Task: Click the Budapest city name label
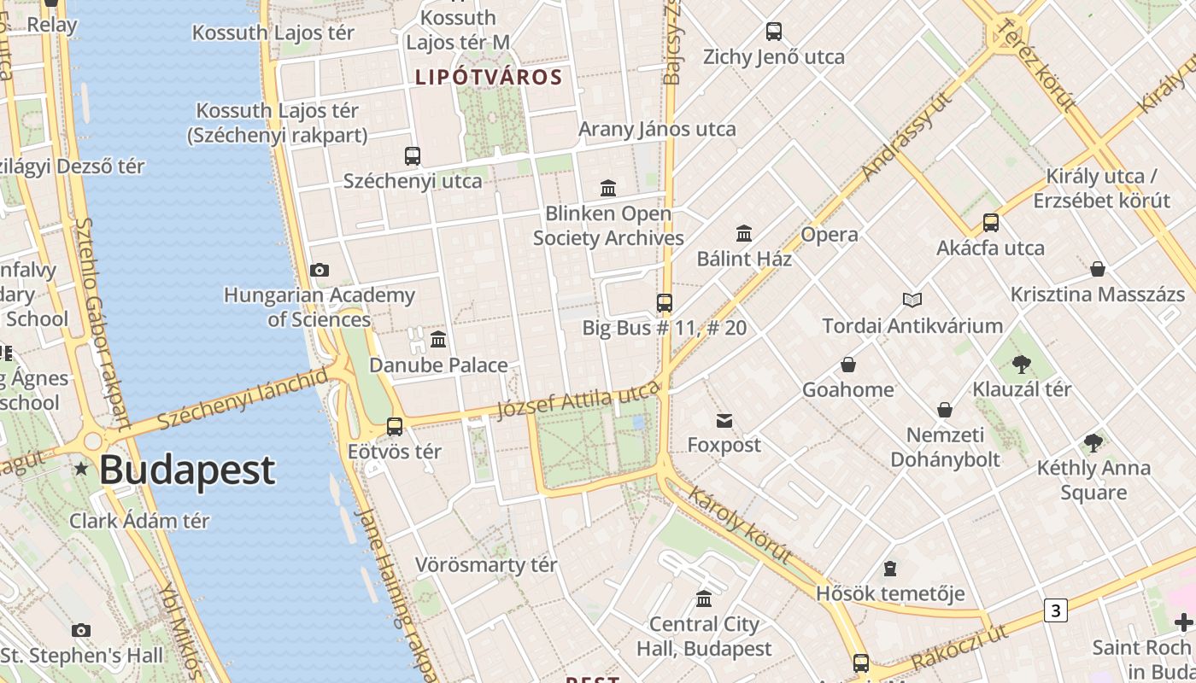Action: click(187, 470)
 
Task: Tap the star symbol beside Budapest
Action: click(81, 469)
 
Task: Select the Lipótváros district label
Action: click(489, 78)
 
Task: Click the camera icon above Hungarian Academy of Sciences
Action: click(320, 271)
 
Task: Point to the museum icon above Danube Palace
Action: click(438, 340)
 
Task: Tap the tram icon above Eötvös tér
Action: click(395, 426)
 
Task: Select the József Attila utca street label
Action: click(579, 400)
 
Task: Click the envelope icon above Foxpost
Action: click(724, 420)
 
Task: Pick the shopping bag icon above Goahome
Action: click(848, 365)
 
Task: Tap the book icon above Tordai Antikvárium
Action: click(912, 300)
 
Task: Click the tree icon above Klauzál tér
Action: click(1021, 365)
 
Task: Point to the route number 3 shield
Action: click(1056, 610)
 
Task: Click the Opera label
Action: click(829, 234)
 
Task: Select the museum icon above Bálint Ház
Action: click(744, 233)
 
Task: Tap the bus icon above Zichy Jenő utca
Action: click(774, 32)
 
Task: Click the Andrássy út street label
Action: click(906, 137)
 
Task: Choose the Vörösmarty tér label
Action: click(486, 565)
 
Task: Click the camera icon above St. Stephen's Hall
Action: click(81, 631)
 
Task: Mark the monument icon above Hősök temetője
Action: click(890, 569)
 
